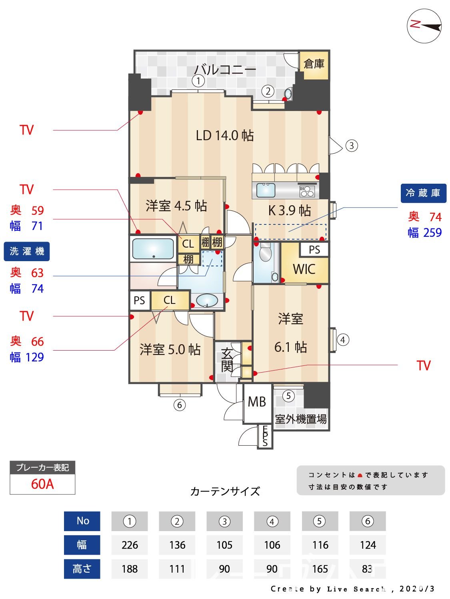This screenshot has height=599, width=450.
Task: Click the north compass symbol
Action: click(424, 26)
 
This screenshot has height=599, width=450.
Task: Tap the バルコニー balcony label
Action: click(225, 70)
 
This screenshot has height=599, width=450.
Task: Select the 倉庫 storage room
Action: click(314, 64)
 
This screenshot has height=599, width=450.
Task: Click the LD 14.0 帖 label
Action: click(224, 135)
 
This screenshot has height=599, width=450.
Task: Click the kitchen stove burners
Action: click(307, 191)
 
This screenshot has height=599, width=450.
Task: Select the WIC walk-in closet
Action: click(304, 269)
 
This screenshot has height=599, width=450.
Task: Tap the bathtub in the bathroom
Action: click(153, 249)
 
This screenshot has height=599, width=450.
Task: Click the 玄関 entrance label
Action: click(227, 360)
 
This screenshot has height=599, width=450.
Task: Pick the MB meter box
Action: click(257, 402)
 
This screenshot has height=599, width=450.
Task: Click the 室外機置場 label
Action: click(301, 419)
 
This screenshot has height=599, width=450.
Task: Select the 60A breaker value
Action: click(42, 484)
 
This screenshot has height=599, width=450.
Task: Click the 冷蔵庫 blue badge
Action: click(423, 193)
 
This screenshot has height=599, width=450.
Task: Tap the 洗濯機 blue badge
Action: click(27, 252)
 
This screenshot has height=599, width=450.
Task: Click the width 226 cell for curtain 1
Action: click(130, 545)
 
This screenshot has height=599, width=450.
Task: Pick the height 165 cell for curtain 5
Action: click(320, 569)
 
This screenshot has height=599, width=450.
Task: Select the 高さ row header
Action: click(82, 569)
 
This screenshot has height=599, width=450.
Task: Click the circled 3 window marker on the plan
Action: click(351, 145)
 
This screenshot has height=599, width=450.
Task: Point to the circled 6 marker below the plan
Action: click(180, 405)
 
